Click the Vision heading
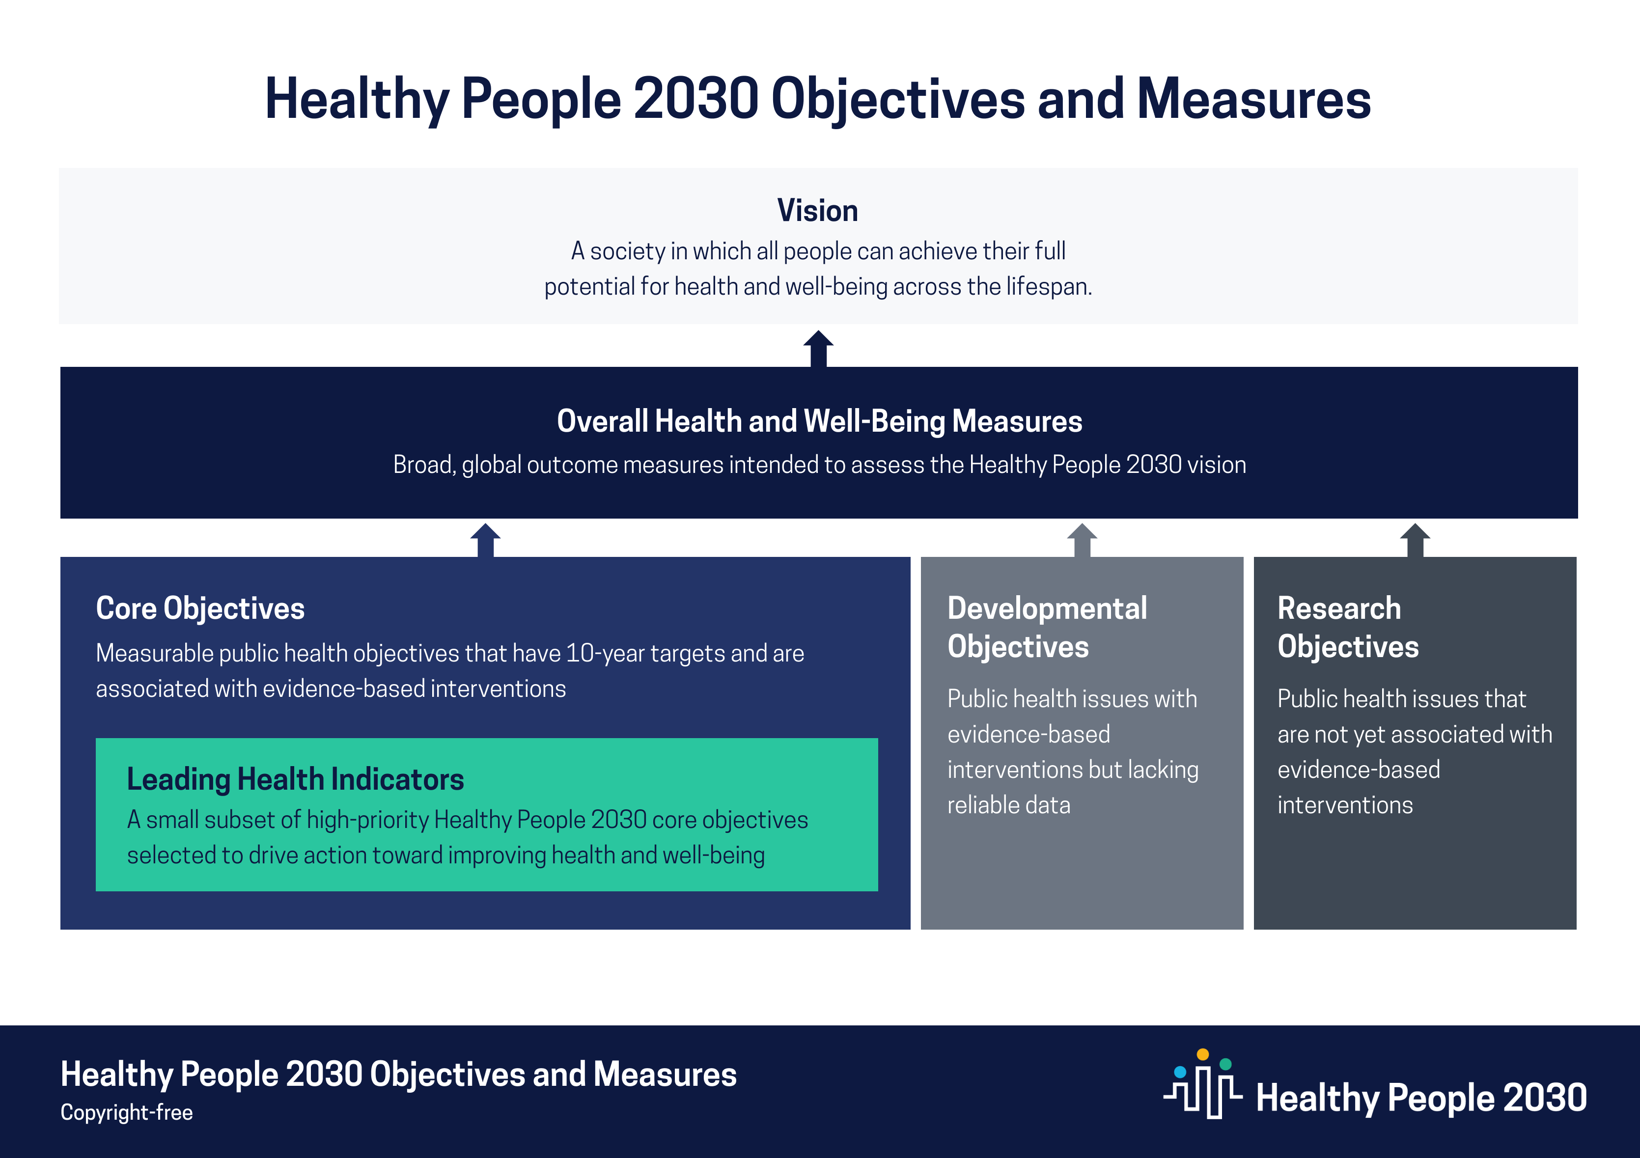click(818, 211)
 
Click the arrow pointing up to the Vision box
click(819, 349)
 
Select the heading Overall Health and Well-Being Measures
click(819, 421)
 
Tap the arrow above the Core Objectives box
click(486, 540)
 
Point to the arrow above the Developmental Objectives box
click(1082, 540)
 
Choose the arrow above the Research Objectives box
click(1415, 540)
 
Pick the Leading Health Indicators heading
click(295, 779)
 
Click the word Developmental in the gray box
click(1047, 608)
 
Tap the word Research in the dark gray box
click(1339, 608)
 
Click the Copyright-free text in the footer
click(126, 1112)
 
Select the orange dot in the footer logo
click(1203, 1054)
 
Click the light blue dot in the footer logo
click(1180, 1072)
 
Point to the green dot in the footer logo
click(1226, 1064)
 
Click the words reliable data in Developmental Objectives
click(1008, 805)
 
